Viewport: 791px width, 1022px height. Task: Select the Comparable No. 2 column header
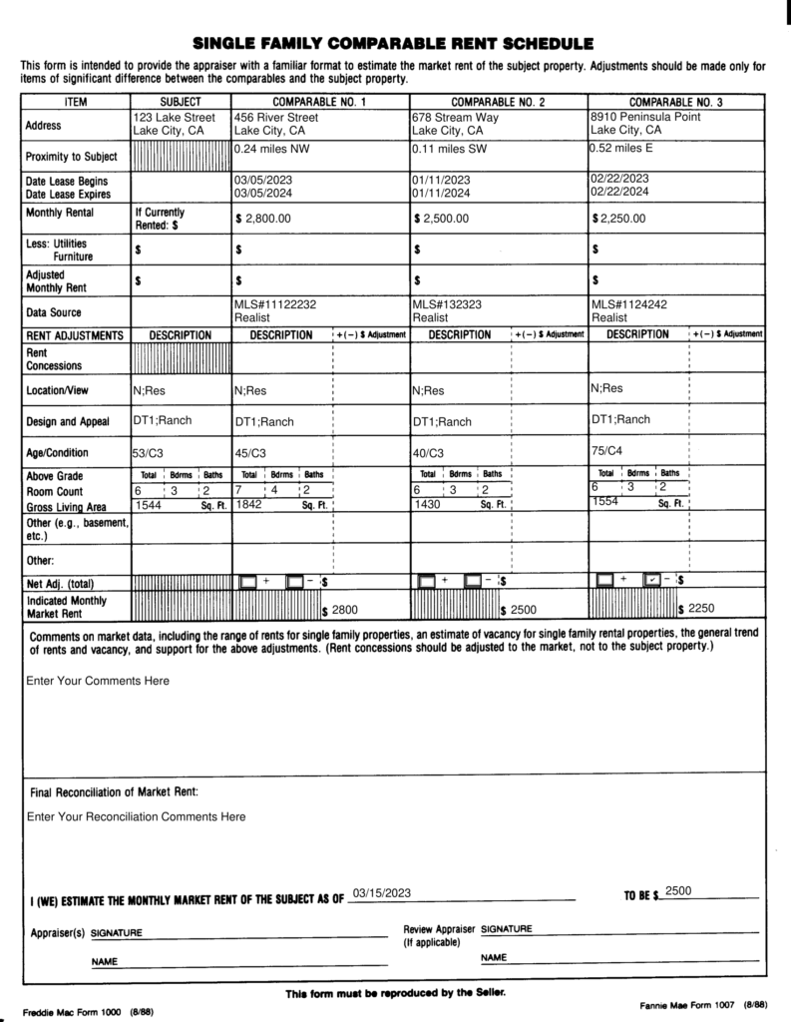click(499, 102)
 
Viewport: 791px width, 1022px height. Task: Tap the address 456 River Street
click(275, 117)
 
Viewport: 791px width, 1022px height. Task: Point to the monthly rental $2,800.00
click(266, 218)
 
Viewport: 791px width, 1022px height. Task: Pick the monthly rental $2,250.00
click(621, 218)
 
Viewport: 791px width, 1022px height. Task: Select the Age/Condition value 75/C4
click(605, 450)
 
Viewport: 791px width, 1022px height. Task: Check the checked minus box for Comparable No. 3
click(651, 580)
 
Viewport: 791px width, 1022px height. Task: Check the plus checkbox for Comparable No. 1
click(248, 581)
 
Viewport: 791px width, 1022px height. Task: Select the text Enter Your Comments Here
click(98, 681)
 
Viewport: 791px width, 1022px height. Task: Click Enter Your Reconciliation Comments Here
click(136, 816)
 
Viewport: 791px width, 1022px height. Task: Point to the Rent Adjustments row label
click(75, 335)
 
